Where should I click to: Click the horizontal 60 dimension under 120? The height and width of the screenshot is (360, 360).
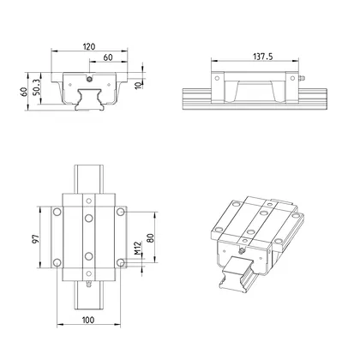(107, 57)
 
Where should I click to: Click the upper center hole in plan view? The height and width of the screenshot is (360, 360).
(88, 219)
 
